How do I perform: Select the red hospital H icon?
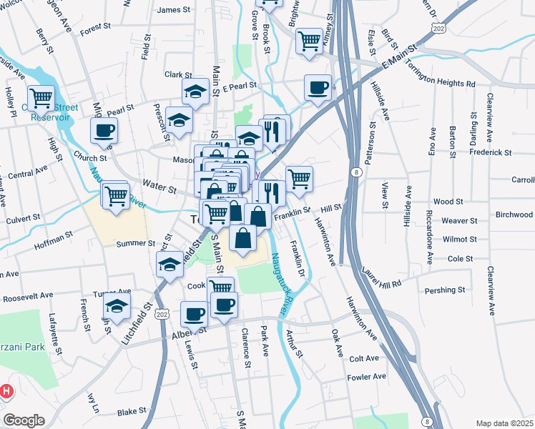tap(6, 391)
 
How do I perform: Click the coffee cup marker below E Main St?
tap(318, 87)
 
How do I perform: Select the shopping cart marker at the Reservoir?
tap(41, 97)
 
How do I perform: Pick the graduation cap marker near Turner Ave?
tap(117, 307)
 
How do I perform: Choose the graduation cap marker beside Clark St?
tap(195, 91)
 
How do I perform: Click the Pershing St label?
tap(444, 290)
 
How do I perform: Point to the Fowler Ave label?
tap(366, 376)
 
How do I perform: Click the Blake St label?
tap(132, 411)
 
